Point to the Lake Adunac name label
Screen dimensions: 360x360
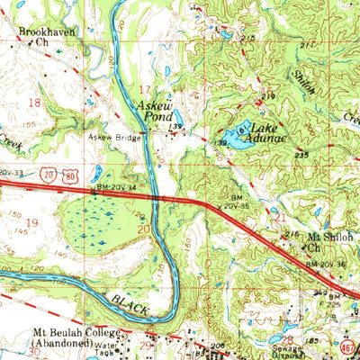pos(261,135)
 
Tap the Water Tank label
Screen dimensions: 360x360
pos(104,347)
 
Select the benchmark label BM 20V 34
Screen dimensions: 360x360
pos(115,187)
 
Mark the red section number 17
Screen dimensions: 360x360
pos(146,89)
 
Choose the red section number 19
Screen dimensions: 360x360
pos(31,221)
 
